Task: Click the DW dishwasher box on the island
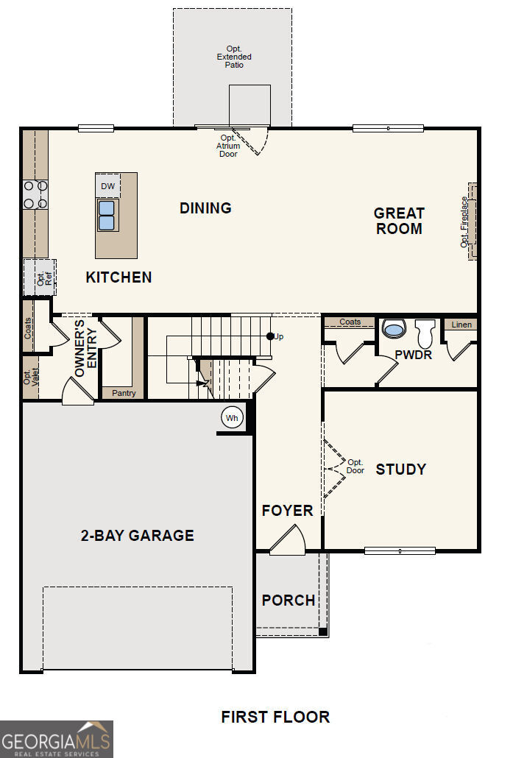tap(107, 186)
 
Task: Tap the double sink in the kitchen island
tap(107, 215)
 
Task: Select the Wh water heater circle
tap(232, 418)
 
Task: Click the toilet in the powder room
tap(425, 333)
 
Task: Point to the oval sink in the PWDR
tap(394, 329)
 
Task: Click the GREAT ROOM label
tap(400, 221)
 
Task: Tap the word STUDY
tap(401, 470)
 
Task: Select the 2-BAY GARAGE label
tap(138, 535)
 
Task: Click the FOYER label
tap(287, 511)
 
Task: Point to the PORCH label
tap(289, 601)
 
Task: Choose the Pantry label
tap(124, 393)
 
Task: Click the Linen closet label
tap(461, 325)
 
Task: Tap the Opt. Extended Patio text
tap(234, 57)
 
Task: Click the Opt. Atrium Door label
tap(228, 146)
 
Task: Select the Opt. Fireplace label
tap(464, 222)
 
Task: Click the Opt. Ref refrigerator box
tap(40, 277)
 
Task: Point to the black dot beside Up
tap(270, 336)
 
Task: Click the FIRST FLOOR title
tap(275, 717)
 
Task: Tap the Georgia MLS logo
tap(57, 739)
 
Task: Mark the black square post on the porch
tap(322, 631)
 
